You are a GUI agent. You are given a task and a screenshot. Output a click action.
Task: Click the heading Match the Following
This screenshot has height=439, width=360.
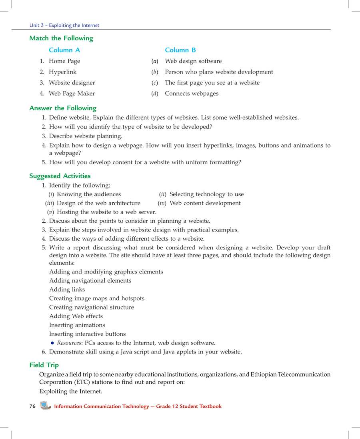[x=61, y=38]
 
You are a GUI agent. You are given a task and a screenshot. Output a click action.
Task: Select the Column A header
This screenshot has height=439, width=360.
[x=64, y=50]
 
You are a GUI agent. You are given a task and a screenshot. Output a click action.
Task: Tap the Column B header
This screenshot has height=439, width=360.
[x=180, y=50]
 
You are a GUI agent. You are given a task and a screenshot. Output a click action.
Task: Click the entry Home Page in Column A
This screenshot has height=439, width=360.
[x=64, y=61]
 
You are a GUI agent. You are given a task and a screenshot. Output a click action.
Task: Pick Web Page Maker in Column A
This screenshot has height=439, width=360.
[x=72, y=94]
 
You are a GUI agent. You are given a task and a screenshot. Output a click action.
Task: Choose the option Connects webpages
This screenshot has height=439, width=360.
[x=192, y=94]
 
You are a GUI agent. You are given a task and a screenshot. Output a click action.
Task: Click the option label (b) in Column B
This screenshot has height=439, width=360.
[x=155, y=72]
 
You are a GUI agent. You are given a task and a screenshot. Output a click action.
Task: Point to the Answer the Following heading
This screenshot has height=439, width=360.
[x=63, y=108]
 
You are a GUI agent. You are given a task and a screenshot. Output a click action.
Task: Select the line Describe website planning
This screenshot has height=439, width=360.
[x=86, y=136]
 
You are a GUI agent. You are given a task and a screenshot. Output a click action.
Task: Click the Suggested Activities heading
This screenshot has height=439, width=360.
[x=60, y=176]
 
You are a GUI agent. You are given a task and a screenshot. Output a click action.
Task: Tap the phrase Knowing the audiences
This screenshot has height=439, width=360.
[x=89, y=194]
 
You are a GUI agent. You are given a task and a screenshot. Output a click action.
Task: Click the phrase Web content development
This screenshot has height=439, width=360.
[x=205, y=203]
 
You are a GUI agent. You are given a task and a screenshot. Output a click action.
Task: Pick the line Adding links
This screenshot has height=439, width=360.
[x=67, y=289]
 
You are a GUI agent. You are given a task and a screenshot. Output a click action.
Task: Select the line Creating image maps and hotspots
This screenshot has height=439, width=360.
[x=96, y=298]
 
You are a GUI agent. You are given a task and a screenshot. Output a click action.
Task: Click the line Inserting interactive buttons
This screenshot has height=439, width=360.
[x=87, y=334]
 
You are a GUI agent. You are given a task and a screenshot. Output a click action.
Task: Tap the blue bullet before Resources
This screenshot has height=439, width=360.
[x=52, y=343]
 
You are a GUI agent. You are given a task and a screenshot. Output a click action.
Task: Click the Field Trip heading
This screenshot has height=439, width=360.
[x=44, y=365]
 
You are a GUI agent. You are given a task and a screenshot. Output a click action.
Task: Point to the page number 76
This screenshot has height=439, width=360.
[x=32, y=406]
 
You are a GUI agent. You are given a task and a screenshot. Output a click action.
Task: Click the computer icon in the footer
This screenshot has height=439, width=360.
[x=46, y=406]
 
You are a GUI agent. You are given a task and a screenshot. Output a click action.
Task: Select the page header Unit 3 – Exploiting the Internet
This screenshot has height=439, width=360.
[x=64, y=25]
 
